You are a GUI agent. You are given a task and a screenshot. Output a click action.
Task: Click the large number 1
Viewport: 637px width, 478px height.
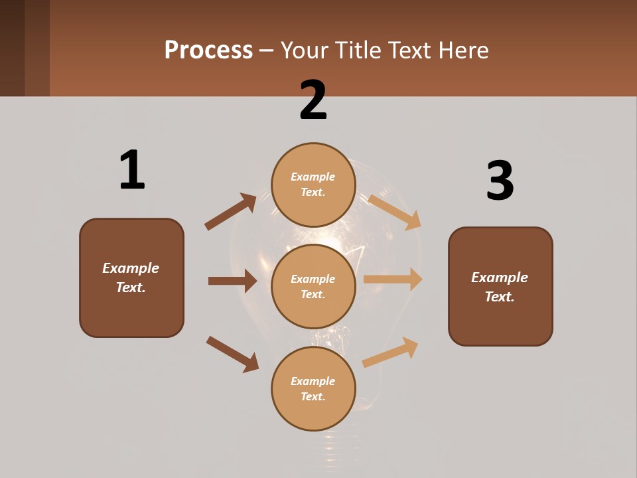pyautogui.click(x=132, y=170)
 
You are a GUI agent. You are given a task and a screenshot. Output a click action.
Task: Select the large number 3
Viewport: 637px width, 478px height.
pyautogui.click(x=500, y=181)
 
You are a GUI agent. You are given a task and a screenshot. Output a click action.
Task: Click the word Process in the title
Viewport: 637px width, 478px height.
pyautogui.click(x=208, y=50)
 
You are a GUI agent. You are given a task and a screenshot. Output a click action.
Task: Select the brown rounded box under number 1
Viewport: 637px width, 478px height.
pyautogui.click(x=131, y=278)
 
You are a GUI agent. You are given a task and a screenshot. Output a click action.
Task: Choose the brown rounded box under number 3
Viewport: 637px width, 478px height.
pyautogui.click(x=500, y=286)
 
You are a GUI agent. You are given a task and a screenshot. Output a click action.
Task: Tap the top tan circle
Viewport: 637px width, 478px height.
pyautogui.click(x=313, y=185)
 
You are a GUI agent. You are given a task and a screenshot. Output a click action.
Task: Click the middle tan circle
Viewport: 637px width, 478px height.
pyautogui.click(x=313, y=287)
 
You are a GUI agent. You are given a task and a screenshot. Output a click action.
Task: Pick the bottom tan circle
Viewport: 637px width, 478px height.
pyautogui.click(x=313, y=389)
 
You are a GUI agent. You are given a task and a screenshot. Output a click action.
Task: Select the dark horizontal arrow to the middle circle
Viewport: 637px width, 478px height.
pyautogui.click(x=232, y=281)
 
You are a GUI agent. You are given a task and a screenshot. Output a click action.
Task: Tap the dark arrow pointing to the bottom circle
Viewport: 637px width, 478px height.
pyautogui.click(x=233, y=354)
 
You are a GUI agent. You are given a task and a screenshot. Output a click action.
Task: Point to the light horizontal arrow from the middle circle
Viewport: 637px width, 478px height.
pyautogui.click(x=393, y=279)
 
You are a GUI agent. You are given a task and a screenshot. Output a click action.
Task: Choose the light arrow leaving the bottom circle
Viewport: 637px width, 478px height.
pyautogui.click(x=391, y=352)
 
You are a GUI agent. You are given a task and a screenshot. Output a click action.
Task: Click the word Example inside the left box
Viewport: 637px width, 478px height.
pyautogui.click(x=131, y=268)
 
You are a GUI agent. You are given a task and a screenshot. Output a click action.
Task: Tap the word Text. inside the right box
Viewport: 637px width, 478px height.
pyautogui.click(x=500, y=297)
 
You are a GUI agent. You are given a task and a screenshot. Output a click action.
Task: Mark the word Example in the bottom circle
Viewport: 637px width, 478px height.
pyautogui.click(x=313, y=381)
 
